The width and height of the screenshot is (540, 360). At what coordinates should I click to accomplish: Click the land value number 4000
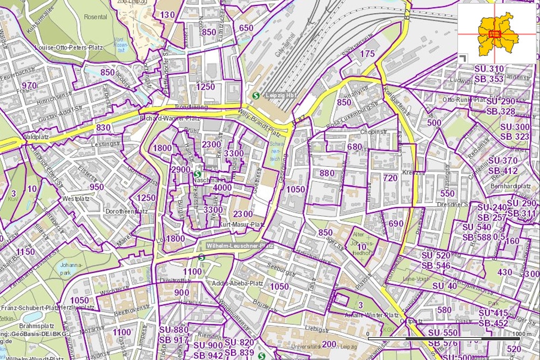coord(222,187)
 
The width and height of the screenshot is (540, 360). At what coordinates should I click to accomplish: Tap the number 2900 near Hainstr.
coord(180,169)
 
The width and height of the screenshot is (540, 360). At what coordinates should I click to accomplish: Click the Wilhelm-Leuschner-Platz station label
coord(239,246)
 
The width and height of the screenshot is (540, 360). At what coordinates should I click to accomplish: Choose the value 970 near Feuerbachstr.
coord(29,85)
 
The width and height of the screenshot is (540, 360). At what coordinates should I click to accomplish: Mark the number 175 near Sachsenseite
coord(367,53)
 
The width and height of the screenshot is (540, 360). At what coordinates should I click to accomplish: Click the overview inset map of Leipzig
coord(497,32)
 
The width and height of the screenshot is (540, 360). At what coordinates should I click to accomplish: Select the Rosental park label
coord(95,17)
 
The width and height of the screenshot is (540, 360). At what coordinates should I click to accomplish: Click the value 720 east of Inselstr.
coord(390,178)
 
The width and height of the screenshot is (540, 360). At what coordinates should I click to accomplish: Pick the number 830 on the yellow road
coord(103,127)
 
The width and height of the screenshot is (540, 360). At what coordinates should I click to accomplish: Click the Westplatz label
coord(75,199)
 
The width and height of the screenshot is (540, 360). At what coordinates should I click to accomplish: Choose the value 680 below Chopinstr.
coord(355,147)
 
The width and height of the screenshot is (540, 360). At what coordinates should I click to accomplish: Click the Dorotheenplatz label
coord(126,211)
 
